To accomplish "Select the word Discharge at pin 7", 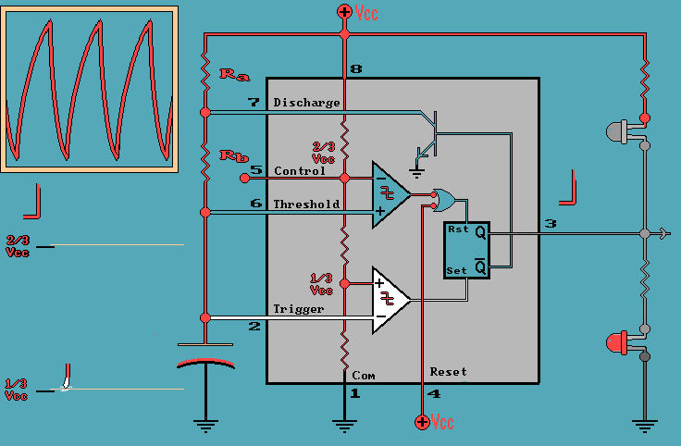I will pos(306,103).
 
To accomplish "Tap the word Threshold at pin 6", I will pos(306,204).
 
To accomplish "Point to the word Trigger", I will pos(298,309).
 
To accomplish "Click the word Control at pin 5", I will pos(300,171).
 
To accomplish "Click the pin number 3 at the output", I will pos(550,224).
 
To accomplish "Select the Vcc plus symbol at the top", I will pos(344,12).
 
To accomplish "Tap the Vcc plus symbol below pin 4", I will pos(422,422).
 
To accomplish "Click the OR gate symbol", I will pos(444,198).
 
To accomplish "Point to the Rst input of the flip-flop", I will pos(457,229).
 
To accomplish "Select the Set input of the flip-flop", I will pos(456,271).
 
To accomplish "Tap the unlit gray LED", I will pos(618,131).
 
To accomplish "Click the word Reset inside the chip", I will pos(448,372).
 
